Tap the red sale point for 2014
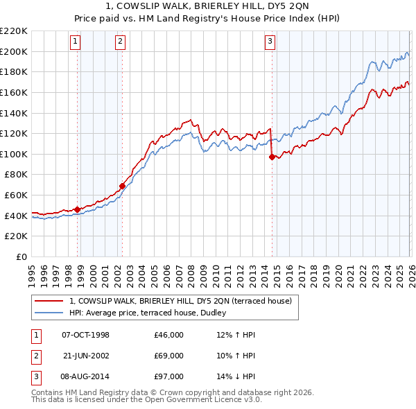click(272, 157)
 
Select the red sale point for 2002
click(122, 186)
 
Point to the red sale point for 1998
click(77, 209)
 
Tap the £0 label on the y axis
click(21, 256)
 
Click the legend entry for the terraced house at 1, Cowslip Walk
click(184, 301)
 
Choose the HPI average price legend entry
click(152, 313)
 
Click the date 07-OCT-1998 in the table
click(85, 335)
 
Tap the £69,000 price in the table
click(168, 356)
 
